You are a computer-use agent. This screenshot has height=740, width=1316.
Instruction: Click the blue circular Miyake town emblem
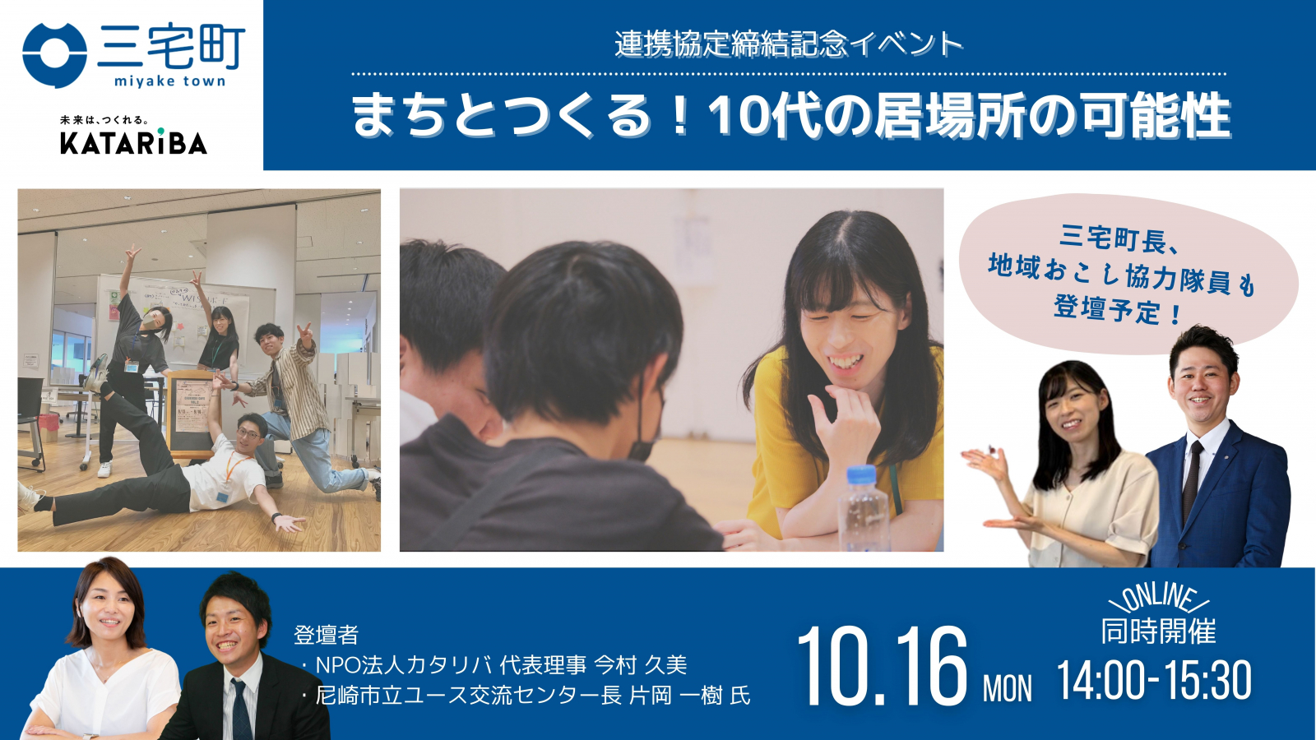point(54,55)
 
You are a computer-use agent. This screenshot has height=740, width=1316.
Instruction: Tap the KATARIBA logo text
point(133,143)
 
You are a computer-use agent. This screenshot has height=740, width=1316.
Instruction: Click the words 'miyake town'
point(170,81)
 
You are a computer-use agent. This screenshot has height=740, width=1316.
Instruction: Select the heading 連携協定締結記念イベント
point(789,44)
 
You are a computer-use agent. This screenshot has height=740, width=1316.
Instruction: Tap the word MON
point(1008,688)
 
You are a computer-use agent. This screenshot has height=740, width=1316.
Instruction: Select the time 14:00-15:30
point(1155,680)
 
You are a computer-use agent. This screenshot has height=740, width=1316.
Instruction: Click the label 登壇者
point(326,635)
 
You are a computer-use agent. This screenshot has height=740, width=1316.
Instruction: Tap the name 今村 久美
point(641,665)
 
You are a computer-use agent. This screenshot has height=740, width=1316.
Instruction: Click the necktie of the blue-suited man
point(1192,482)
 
